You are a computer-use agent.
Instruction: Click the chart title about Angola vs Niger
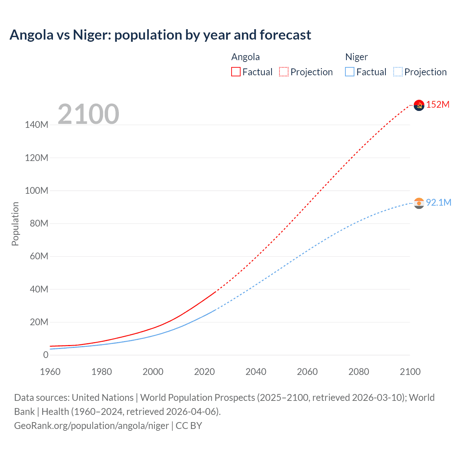pyautogui.click(x=160, y=35)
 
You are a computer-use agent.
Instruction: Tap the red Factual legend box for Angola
pyautogui.click(x=236, y=72)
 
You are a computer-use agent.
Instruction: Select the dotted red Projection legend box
pyautogui.click(x=284, y=72)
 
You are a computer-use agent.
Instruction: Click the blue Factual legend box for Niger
pyautogui.click(x=350, y=72)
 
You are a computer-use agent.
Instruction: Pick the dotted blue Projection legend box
pyautogui.click(x=398, y=72)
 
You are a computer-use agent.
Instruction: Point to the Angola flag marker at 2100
pyautogui.click(x=419, y=105)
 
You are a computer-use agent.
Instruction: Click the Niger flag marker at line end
pyautogui.click(x=419, y=203)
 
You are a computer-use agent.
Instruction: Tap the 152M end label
pyautogui.click(x=438, y=105)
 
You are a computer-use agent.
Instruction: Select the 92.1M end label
pyautogui.click(x=439, y=202)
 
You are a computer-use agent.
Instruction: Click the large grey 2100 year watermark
pyautogui.click(x=88, y=114)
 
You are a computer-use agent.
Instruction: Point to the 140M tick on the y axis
pyautogui.click(x=36, y=125)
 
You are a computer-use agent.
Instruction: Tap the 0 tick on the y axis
pyautogui.click(x=46, y=355)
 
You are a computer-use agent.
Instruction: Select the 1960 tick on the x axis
pyautogui.click(x=50, y=372)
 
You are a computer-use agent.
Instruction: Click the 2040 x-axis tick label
pyautogui.click(x=256, y=372)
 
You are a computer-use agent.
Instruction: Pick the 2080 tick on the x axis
pyautogui.click(x=359, y=372)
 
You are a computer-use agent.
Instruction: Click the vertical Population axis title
pyautogui.click(x=15, y=224)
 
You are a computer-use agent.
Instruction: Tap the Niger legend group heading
pyautogui.click(x=356, y=57)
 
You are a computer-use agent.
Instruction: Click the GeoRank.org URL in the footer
pyautogui.click(x=91, y=426)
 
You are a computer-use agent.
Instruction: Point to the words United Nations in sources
pyautogui.click(x=103, y=398)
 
